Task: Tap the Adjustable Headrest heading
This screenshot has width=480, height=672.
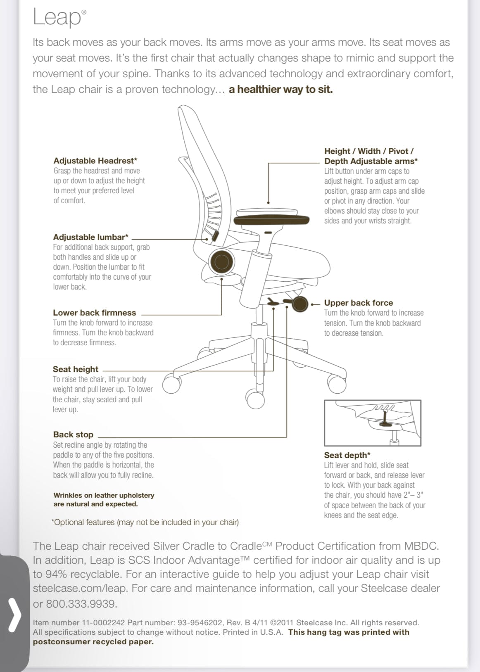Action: (x=95, y=161)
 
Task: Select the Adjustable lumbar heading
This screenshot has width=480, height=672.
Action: (x=90, y=237)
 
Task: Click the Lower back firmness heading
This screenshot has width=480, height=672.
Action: (x=94, y=313)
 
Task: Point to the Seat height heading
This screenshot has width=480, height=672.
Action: (x=75, y=369)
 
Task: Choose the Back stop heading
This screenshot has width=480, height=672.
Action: (x=73, y=435)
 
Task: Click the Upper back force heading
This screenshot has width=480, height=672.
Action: (x=358, y=303)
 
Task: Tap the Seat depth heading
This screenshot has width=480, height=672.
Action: (x=347, y=455)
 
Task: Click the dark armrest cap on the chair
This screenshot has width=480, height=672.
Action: (x=271, y=220)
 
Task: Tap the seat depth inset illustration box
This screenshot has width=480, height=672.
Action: (x=372, y=423)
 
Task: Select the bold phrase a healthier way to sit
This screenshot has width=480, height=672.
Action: (x=280, y=89)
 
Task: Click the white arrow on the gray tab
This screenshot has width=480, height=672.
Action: (x=15, y=616)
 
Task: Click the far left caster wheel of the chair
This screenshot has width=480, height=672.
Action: (x=171, y=384)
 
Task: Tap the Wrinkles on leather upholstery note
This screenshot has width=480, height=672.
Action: (x=104, y=499)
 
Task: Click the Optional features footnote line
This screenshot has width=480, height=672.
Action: (x=145, y=522)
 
